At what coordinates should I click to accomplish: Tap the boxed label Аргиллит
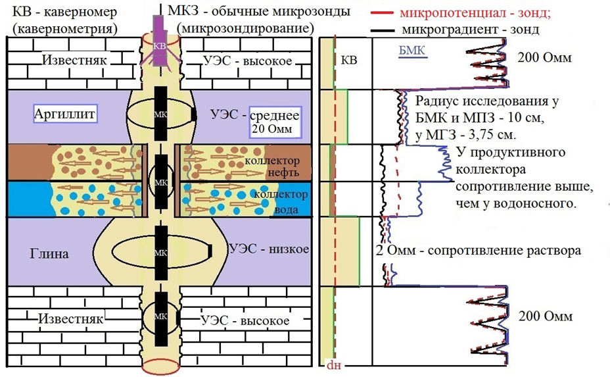pyautogui.click(x=64, y=114)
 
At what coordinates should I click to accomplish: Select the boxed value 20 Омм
pyautogui.click(x=272, y=128)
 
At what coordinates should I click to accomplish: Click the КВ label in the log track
pyautogui.click(x=350, y=60)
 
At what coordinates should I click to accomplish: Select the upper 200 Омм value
pyautogui.click(x=546, y=57)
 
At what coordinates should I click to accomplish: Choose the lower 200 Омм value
pyautogui.click(x=546, y=316)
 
